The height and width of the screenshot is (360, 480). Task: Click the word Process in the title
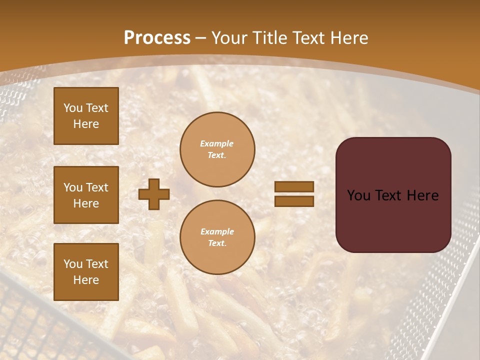[x=157, y=37]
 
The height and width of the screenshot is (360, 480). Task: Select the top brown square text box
[x=86, y=116]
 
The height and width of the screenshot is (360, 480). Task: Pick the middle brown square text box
[x=86, y=195]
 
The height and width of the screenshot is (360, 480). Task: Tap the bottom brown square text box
[x=86, y=271]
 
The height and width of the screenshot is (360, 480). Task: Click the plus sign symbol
[x=154, y=194]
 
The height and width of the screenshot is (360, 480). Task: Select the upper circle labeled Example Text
[x=217, y=149]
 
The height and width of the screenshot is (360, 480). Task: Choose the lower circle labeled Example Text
[x=217, y=237]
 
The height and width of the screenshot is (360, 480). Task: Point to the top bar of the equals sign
[x=294, y=187]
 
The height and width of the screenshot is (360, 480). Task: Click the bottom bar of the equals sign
[x=294, y=201]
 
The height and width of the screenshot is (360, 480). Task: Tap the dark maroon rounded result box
[x=393, y=194]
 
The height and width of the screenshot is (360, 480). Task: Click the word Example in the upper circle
[x=217, y=143]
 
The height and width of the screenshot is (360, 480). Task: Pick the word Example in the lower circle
[x=217, y=231]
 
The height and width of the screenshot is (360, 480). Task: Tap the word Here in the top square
[x=86, y=124]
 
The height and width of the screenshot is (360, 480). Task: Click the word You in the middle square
[x=73, y=187]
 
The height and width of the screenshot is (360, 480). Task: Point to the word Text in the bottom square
[x=96, y=263]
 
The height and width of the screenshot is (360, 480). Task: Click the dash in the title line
[x=201, y=37]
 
